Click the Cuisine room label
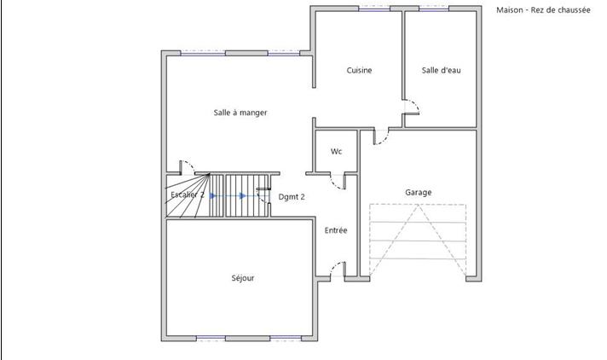pos(359,70)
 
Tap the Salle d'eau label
pos(441,70)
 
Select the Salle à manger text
pos(240,113)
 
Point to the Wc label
pos(336,152)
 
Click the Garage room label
pos(419,192)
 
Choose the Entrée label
pos(336,230)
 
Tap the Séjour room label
pos(243,278)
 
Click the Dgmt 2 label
pos(292,196)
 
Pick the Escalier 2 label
pos(188,195)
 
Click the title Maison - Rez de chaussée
pos(542,10)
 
